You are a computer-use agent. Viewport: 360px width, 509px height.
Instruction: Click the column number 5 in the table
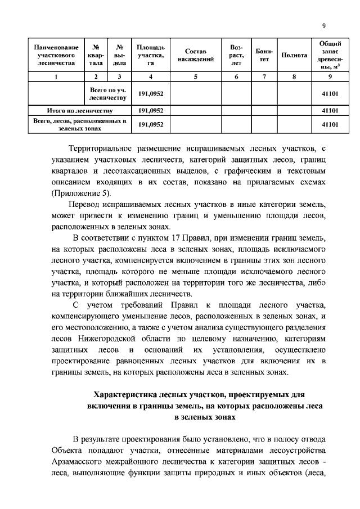(195, 77)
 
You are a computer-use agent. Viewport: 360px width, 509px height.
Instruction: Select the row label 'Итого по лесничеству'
(79, 110)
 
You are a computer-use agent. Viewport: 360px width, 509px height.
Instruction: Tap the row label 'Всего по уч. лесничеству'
(109, 93)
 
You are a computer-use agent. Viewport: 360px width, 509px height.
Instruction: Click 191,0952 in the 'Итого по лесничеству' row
(150, 110)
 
